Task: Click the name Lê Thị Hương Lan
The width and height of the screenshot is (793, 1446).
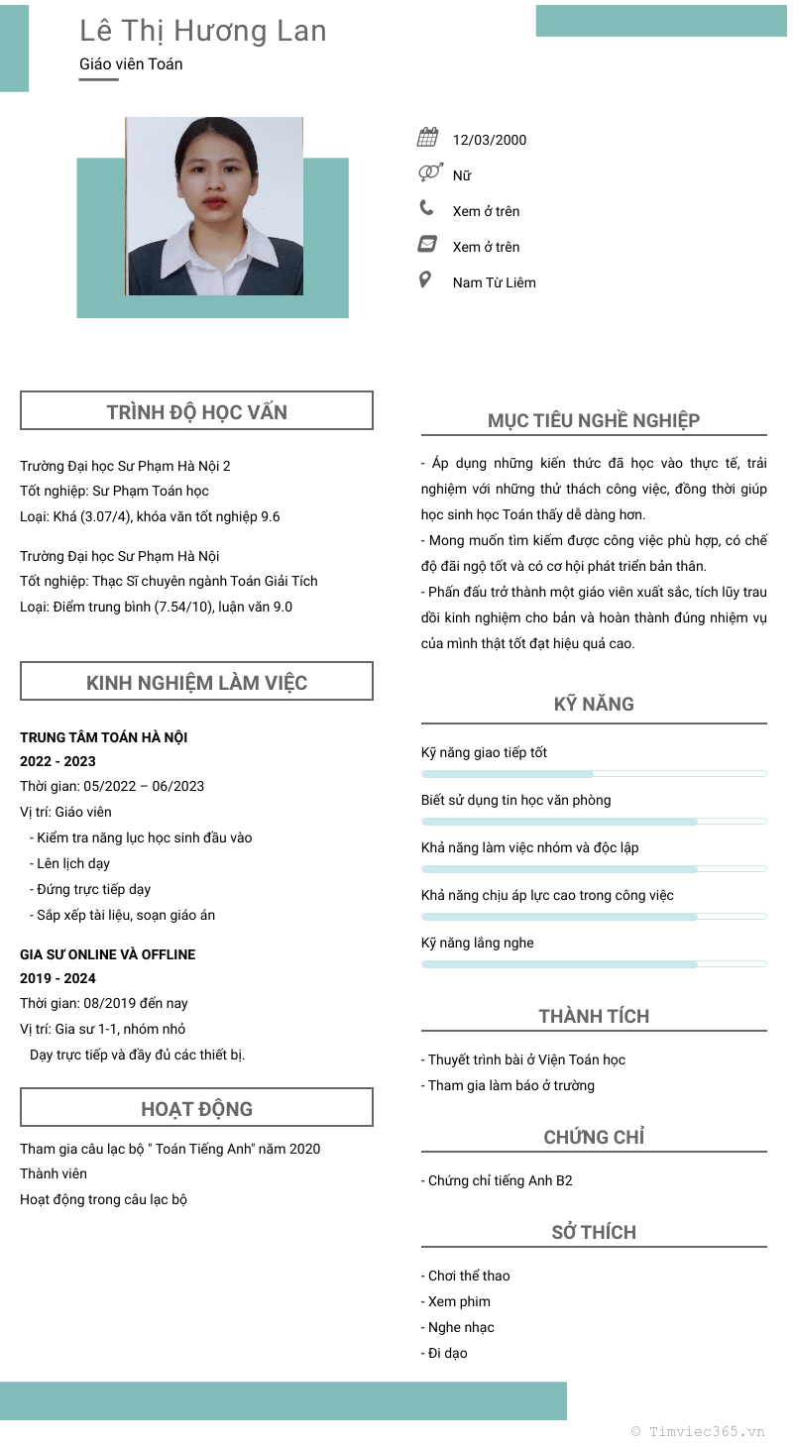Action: [x=203, y=32]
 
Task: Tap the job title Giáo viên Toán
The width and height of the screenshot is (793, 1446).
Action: [x=131, y=64]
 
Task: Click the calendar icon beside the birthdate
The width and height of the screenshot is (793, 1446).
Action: [x=428, y=138]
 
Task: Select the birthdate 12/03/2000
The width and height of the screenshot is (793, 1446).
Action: [x=490, y=140]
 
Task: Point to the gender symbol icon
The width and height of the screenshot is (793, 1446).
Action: [x=428, y=173]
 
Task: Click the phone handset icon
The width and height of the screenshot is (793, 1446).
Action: [x=427, y=208]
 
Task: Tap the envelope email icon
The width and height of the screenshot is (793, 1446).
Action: [x=427, y=244]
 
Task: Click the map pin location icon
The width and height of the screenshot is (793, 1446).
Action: [x=426, y=279]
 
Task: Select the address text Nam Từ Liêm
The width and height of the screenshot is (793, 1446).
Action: [x=494, y=282]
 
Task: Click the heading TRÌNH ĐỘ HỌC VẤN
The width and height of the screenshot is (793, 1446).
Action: [x=196, y=412]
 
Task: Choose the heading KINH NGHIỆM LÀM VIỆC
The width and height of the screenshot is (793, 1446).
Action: [x=196, y=683]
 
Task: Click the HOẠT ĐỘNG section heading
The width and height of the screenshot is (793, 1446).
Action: [x=196, y=1109]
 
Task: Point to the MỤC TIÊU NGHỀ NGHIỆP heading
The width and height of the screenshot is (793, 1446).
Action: [x=594, y=420]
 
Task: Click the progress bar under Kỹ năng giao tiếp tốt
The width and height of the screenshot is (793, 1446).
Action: [x=594, y=773]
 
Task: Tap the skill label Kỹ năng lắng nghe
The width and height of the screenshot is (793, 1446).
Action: [x=477, y=943]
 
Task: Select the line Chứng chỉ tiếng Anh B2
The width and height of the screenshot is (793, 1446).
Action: [x=497, y=1180]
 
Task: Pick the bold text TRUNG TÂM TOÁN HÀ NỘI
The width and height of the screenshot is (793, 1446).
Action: [x=104, y=737]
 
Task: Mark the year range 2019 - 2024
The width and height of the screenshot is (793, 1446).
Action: [x=57, y=978]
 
